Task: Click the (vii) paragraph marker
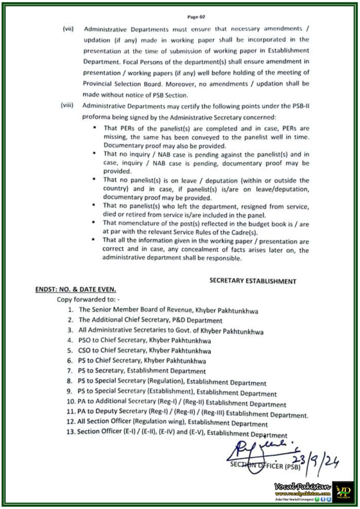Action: pyautogui.click(x=68, y=28)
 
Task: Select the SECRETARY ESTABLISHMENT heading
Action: pyautogui.click(x=253, y=281)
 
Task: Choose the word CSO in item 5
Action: pyautogui.click(x=86, y=351)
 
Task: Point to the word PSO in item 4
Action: pyautogui.click(x=86, y=341)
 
